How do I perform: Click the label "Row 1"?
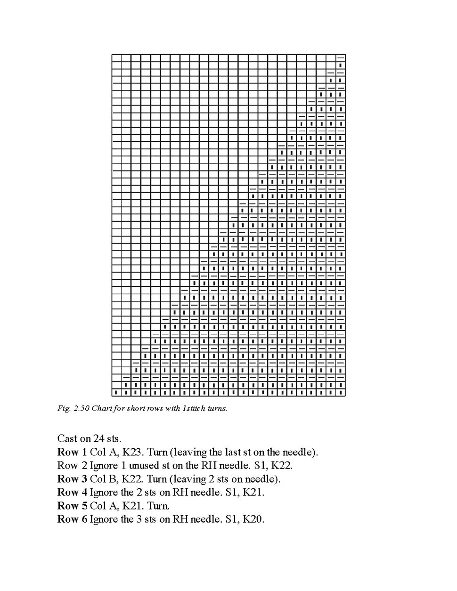point(72,453)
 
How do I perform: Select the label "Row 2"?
point(72,466)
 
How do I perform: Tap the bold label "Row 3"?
point(72,479)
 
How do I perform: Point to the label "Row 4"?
point(72,493)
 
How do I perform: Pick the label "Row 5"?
point(72,506)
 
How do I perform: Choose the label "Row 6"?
point(72,519)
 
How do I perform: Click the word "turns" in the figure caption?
point(217,408)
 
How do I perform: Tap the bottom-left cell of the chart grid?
point(116,392)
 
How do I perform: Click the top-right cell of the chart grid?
point(340,58)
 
